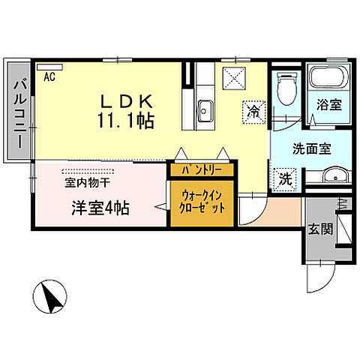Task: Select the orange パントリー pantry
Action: tap(197, 170)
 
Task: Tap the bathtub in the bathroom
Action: tap(328, 79)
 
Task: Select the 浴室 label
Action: tap(328, 106)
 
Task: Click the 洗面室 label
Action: tap(308, 148)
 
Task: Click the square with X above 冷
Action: tap(234, 76)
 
